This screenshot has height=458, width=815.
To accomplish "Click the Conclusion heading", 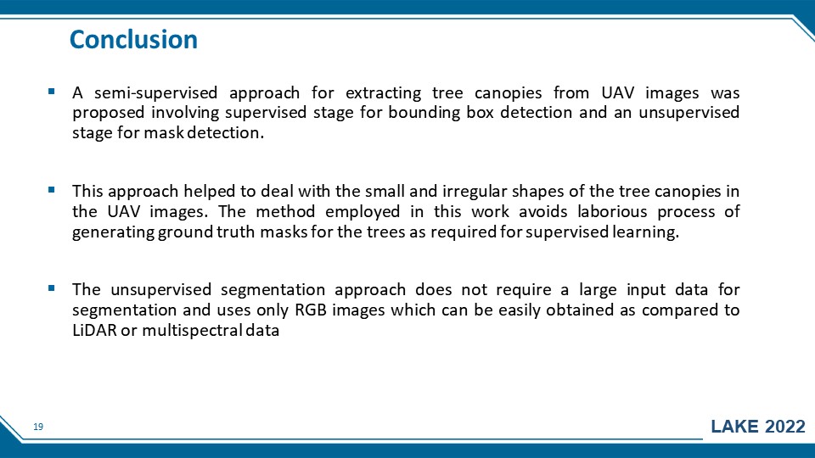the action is coord(133,40).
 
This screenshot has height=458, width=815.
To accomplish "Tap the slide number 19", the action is coord(38,427).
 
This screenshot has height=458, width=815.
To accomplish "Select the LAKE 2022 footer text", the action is coord(758,427).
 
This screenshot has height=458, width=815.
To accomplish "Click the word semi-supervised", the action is coord(155,93).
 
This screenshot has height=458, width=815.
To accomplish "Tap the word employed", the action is coord(363,212).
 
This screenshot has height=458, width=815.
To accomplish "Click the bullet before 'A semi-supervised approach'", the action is coord(51,92).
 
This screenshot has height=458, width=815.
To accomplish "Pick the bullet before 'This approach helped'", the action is coord(51,190).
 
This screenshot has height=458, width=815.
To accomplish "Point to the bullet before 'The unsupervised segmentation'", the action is coord(51,288).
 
